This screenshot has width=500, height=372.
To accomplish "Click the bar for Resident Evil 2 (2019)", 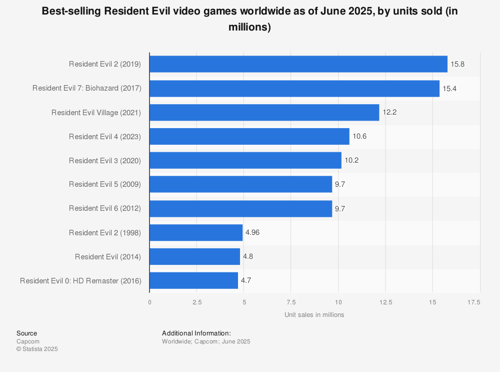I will (298, 64).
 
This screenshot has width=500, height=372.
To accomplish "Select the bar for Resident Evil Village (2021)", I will (264, 113).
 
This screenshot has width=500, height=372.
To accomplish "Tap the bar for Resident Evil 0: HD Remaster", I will (193, 280).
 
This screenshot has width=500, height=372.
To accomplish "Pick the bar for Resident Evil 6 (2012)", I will (240, 209).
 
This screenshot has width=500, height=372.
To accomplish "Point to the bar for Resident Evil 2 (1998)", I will (196, 233).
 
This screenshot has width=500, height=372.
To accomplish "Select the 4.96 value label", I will (253, 233).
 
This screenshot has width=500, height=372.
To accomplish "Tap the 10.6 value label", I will (359, 137).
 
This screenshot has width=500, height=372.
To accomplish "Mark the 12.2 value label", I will (389, 113).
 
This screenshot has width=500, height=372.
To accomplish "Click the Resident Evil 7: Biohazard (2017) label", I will (87, 89).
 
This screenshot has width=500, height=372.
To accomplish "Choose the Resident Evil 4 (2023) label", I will (105, 137).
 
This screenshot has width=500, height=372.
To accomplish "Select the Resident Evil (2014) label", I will (108, 257).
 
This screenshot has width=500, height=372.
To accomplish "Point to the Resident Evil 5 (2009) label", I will (105, 184).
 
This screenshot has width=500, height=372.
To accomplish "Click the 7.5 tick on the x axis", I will (291, 302).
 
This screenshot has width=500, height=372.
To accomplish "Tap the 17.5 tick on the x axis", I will (473, 302).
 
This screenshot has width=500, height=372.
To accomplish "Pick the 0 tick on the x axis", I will (149, 302).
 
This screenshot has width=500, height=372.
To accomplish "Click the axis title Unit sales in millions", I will (314, 315).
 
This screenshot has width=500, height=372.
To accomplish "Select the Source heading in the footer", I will (26, 333).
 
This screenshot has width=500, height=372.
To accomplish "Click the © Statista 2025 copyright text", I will (37, 349).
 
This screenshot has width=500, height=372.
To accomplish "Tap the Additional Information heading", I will (196, 333).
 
